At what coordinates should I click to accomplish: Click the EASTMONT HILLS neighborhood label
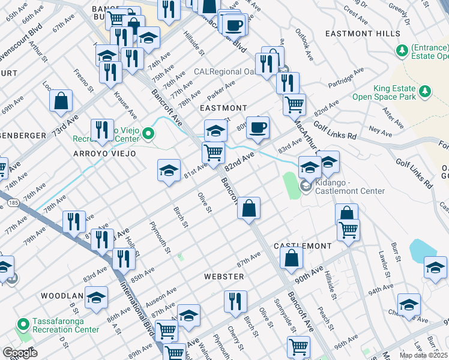(358, 34)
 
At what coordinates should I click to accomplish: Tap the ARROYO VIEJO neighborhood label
(105, 154)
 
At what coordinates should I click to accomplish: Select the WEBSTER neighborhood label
(224, 277)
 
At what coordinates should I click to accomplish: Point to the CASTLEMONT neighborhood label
(303, 247)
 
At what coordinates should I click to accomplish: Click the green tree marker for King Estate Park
(425, 91)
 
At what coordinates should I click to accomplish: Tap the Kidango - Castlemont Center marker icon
(306, 187)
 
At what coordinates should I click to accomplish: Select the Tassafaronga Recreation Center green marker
(23, 325)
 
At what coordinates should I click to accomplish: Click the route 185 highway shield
(12, 205)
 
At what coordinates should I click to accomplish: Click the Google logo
(20, 352)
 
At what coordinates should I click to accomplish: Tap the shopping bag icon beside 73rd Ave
(61, 101)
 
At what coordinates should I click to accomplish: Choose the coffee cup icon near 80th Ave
(258, 127)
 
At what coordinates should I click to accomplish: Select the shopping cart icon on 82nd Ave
(213, 152)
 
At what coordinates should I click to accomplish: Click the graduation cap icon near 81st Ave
(169, 170)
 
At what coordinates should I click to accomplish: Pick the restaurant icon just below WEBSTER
(235, 301)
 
